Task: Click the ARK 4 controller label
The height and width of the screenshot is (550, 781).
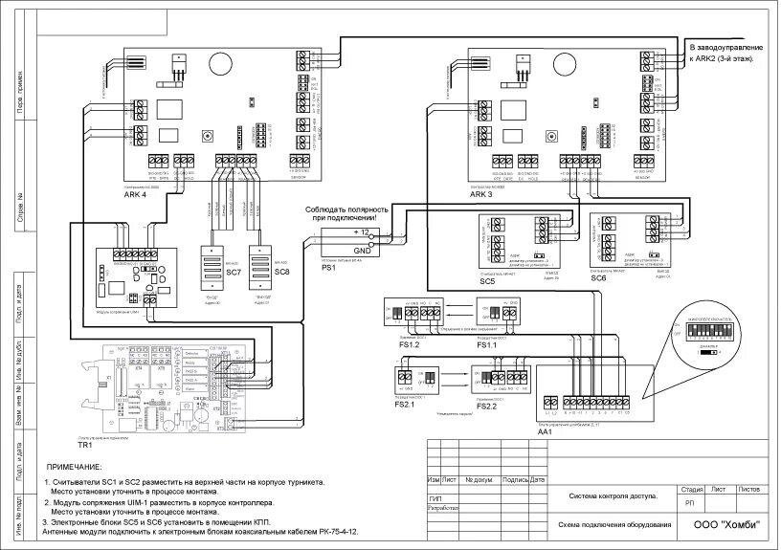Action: tap(136, 194)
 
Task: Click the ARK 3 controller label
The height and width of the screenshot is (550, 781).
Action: tap(480, 194)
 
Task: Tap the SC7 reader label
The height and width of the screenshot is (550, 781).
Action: tap(233, 273)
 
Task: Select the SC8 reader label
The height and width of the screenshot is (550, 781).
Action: tap(281, 273)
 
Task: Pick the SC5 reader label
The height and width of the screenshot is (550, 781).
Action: tap(487, 282)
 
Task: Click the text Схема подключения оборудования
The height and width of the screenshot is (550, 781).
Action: tap(611, 526)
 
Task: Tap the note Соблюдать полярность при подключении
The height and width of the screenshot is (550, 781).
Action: tap(346, 214)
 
